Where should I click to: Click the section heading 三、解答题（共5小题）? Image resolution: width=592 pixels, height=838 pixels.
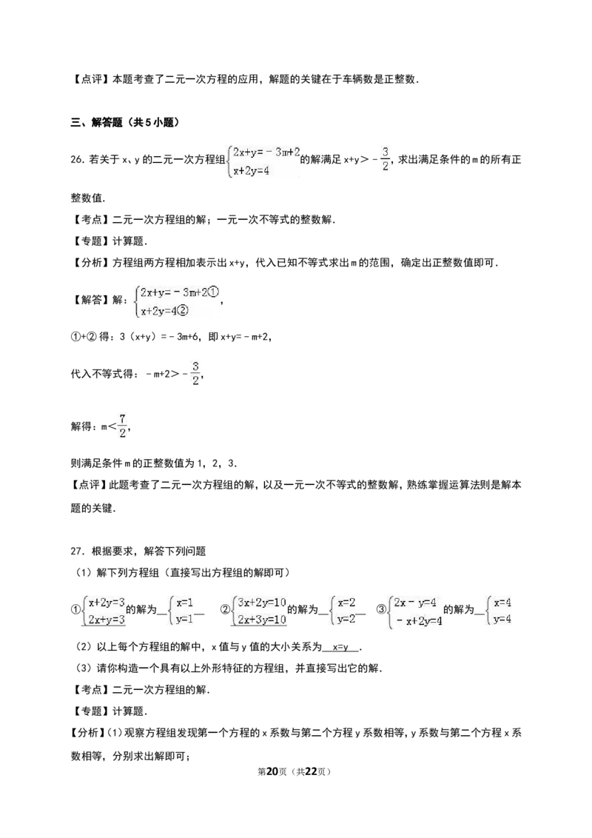(x=125, y=122)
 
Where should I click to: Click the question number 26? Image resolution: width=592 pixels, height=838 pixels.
(x=78, y=159)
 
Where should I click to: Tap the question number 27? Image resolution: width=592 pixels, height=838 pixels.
(x=78, y=551)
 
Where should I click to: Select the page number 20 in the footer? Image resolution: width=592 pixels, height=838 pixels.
(x=272, y=771)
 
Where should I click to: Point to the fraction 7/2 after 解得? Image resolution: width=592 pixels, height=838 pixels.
(x=122, y=426)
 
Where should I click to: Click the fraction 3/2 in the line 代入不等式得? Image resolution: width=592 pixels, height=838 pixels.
(x=195, y=373)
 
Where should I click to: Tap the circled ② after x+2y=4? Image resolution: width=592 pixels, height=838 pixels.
(x=183, y=310)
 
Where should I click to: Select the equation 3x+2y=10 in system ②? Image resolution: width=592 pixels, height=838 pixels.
(x=262, y=603)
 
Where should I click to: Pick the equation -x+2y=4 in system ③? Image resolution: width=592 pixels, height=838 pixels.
(x=418, y=621)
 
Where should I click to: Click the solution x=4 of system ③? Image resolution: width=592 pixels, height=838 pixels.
(x=502, y=603)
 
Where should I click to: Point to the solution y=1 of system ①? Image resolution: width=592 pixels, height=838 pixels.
(x=184, y=620)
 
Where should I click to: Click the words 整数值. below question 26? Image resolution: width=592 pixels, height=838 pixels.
(x=88, y=198)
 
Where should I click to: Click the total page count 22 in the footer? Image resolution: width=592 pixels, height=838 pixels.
(x=310, y=771)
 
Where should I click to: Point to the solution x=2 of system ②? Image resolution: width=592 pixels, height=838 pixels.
(x=346, y=603)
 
